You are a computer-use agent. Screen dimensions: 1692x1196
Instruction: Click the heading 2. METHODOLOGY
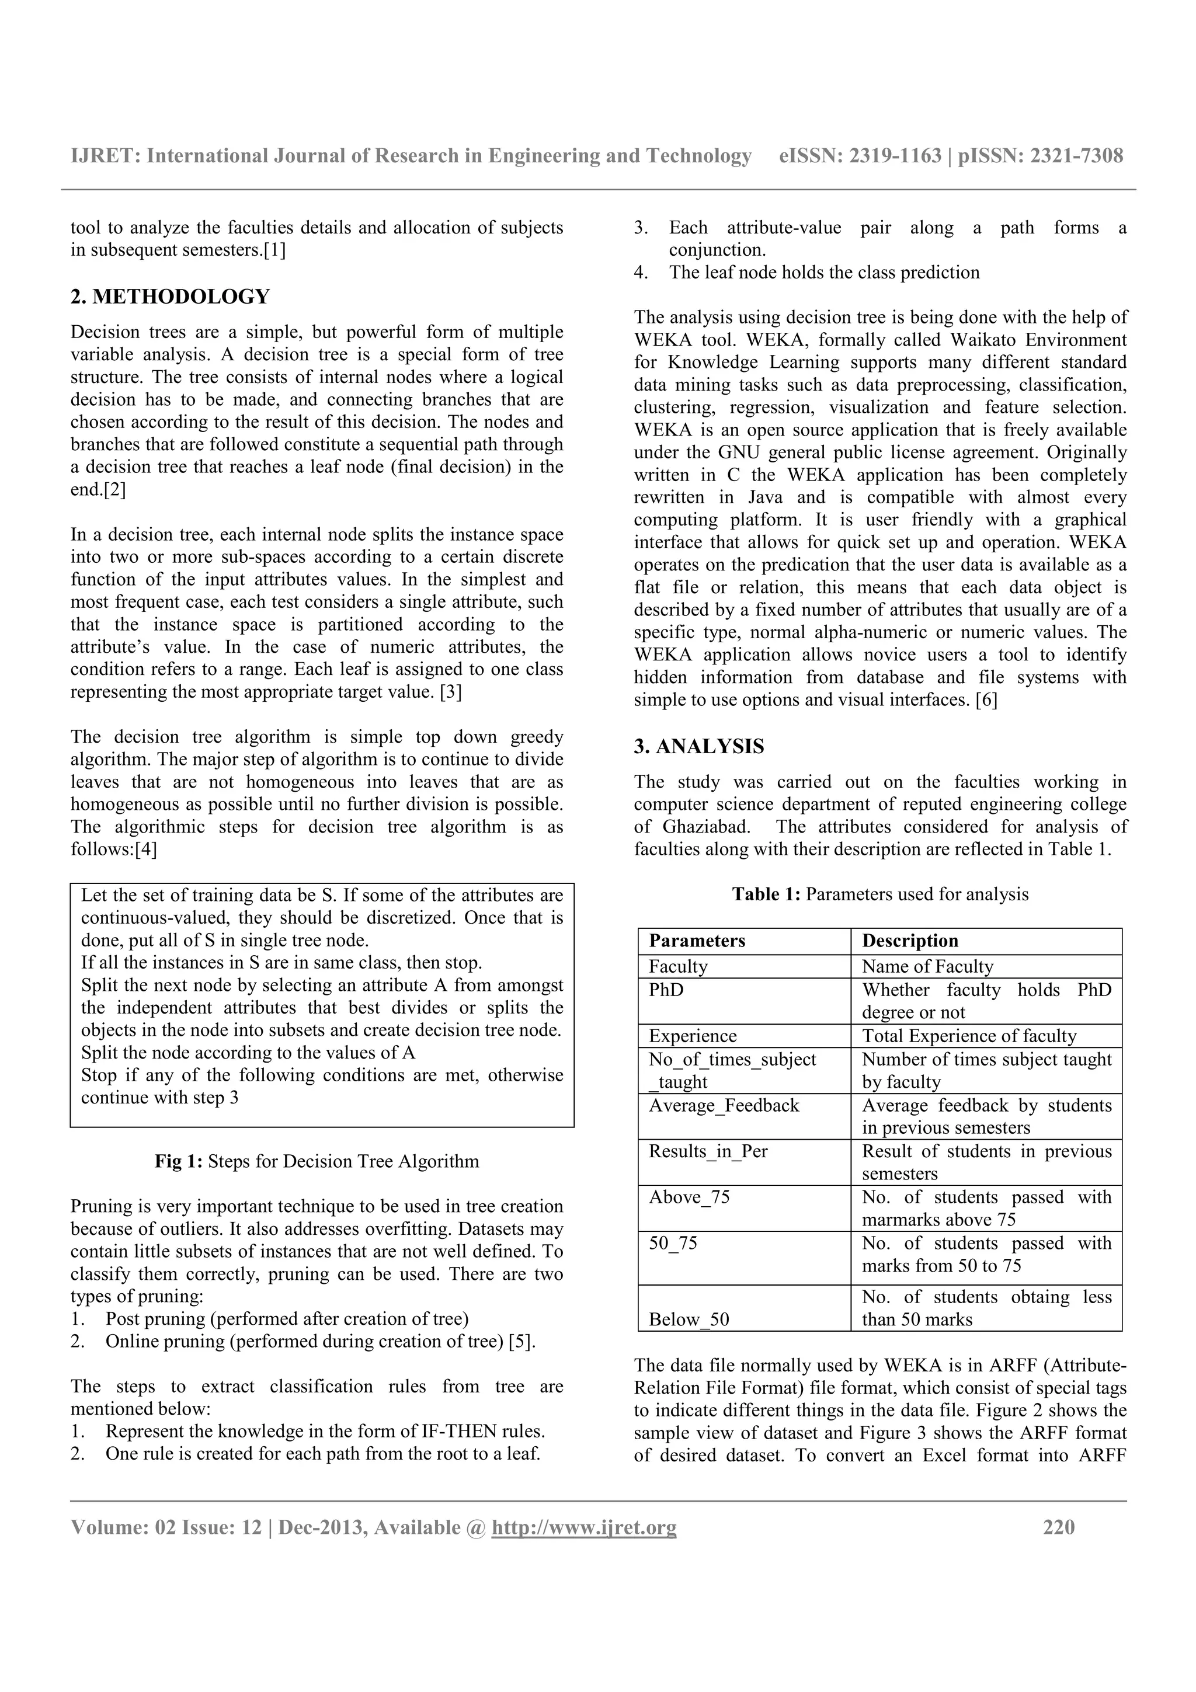point(170,297)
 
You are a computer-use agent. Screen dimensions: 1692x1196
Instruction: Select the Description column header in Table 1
point(909,941)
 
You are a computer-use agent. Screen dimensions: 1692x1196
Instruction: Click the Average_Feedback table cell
point(723,1105)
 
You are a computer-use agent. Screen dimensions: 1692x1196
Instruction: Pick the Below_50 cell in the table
point(689,1319)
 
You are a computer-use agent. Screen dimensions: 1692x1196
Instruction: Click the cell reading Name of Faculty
point(927,966)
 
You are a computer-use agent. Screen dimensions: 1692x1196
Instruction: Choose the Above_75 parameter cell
point(689,1197)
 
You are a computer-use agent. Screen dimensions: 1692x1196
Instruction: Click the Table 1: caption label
point(766,894)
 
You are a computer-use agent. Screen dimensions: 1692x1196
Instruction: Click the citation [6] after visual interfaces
point(986,700)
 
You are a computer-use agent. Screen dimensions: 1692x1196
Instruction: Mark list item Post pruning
point(287,1319)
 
